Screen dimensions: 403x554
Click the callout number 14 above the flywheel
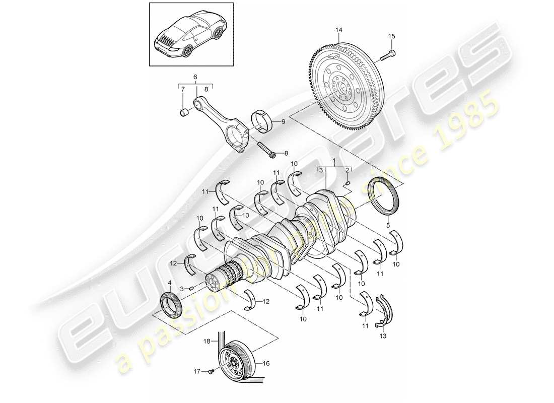[339, 31]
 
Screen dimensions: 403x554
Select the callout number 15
[391, 36]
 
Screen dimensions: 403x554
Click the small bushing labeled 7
[184, 112]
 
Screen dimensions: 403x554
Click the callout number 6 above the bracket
[196, 77]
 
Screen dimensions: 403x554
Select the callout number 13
[384, 335]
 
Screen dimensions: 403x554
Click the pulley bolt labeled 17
[212, 372]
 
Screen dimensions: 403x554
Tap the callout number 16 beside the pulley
[266, 362]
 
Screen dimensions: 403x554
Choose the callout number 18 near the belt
[206, 342]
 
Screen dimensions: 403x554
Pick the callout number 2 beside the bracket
[348, 170]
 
